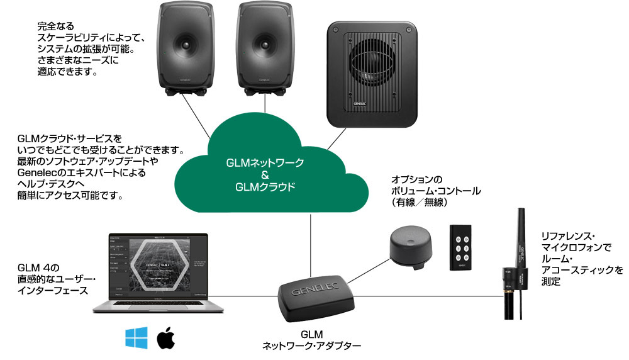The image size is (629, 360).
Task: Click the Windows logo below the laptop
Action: coord(136,337)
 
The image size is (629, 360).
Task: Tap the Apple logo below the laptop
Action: coord(165,338)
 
